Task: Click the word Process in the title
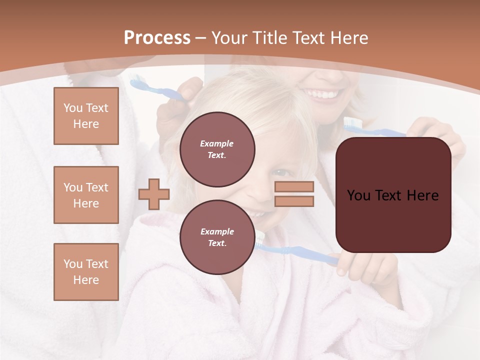tap(157, 38)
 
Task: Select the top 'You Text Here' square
tap(86, 116)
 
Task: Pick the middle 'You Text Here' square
tap(86, 195)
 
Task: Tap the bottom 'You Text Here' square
tap(86, 271)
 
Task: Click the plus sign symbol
tap(153, 194)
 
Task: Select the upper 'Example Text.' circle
tap(217, 149)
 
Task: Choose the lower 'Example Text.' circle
tap(217, 237)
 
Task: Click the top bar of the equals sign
tap(294, 186)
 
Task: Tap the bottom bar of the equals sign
tap(294, 201)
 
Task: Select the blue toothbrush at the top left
tap(150, 88)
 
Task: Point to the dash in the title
tap(201, 38)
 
